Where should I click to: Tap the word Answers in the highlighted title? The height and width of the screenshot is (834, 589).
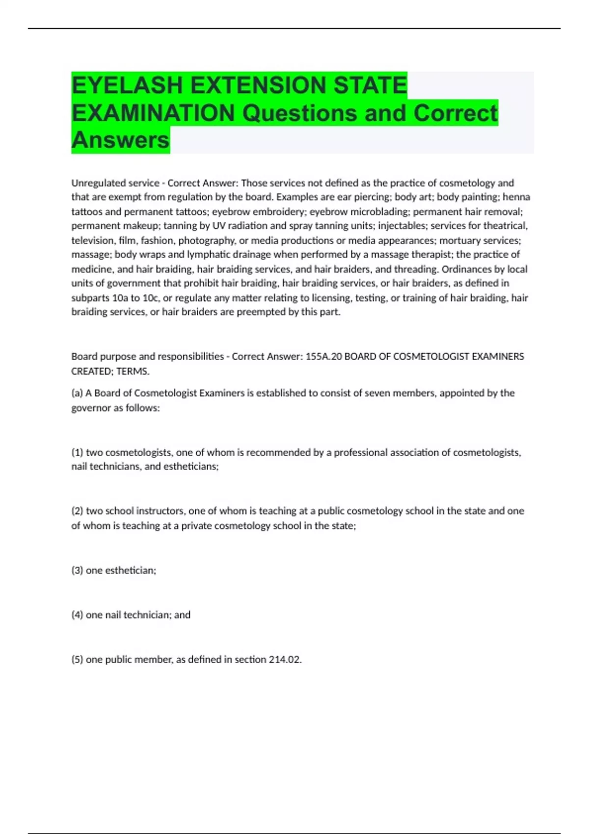(120, 140)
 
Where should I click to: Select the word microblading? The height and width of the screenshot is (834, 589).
(379, 212)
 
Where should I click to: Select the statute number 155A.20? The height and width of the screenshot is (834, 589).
(323, 357)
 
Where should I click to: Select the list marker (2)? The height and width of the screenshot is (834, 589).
(77, 511)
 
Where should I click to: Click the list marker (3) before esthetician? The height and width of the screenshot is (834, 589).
(77, 571)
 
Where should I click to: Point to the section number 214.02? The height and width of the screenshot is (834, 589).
(285, 660)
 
